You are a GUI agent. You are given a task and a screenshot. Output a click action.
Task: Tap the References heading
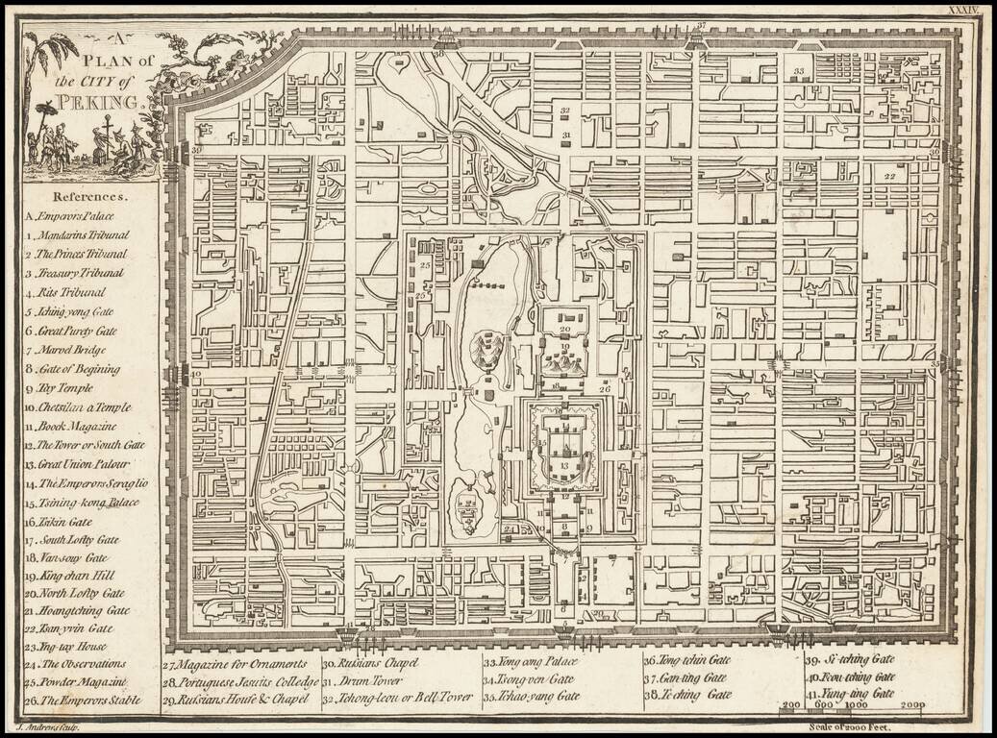point(91,194)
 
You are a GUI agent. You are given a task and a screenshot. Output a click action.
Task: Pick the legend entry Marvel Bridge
point(72,350)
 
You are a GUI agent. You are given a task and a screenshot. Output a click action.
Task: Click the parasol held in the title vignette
point(44,111)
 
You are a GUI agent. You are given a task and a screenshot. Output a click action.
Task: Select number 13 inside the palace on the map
point(563,464)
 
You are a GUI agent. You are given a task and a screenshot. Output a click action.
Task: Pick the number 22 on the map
point(889,177)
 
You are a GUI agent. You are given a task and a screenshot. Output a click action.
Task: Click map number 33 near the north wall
point(798,73)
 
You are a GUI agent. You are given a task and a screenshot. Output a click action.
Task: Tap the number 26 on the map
point(604,388)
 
